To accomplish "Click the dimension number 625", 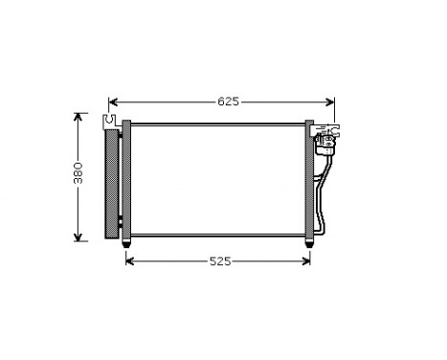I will (226, 101).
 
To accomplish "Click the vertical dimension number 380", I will (78, 173).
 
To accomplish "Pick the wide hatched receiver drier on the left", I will (110, 182).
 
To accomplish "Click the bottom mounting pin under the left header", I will (126, 244).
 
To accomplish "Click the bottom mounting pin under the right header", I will (309, 244).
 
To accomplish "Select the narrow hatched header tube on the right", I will (309, 182).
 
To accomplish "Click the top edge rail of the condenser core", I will (218, 124).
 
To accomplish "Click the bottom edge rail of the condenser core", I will (218, 237).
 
